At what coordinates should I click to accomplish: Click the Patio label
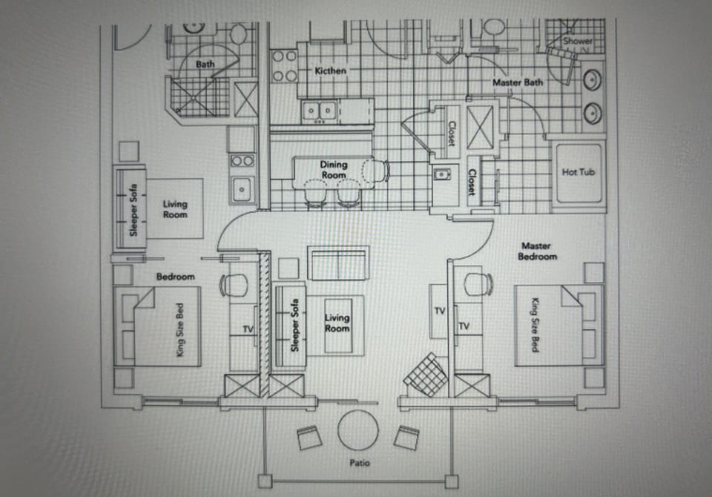[x=361, y=464]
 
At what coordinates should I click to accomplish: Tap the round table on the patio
[x=358, y=429]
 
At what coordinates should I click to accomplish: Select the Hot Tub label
[x=579, y=172]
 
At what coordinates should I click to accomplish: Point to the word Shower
[x=577, y=42]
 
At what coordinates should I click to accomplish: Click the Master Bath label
[x=518, y=82]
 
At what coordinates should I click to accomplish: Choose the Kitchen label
[x=330, y=70]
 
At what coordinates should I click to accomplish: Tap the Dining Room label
[x=334, y=170]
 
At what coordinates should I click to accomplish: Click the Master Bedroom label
[x=538, y=251]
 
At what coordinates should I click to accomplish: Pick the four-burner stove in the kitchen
[x=283, y=65]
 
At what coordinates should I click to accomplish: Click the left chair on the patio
[x=309, y=438]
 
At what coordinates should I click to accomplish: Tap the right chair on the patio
[x=406, y=437]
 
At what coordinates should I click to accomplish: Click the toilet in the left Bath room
[x=238, y=33]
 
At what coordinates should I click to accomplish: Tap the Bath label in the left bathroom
[x=205, y=65]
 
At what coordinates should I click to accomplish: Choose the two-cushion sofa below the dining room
[x=338, y=263]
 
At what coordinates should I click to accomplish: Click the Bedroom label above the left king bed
[x=175, y=277]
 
